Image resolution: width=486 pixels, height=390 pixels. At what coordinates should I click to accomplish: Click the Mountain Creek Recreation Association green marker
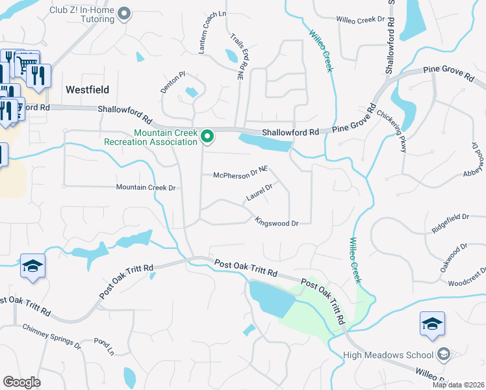207,136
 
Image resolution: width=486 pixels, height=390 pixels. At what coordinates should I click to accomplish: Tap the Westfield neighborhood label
87,90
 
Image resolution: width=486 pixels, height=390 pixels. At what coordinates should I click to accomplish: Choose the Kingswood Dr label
276,222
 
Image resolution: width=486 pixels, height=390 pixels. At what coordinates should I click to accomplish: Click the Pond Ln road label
103,346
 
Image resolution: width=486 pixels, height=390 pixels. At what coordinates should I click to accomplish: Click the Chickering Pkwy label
392,129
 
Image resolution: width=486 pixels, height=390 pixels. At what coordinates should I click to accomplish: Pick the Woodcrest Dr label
467,278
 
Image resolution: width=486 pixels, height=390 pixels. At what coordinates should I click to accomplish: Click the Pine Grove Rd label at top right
449,72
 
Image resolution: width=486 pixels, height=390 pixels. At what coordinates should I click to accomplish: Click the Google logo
21,382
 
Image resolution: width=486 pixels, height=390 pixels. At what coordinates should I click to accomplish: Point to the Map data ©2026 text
458,385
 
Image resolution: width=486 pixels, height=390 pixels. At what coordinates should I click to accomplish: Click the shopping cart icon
25,64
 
